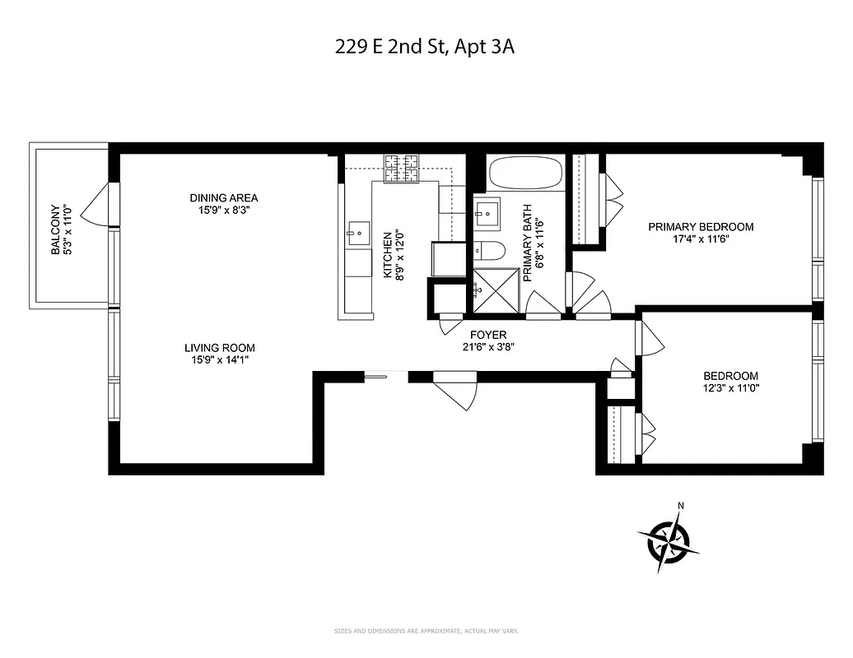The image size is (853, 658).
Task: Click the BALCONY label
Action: (x=56, y=229)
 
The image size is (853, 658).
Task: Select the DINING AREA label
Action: (x=224, y=197)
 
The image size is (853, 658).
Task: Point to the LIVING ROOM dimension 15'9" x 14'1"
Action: (x=220, y=359)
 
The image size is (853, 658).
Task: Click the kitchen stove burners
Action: (x=401, y=168)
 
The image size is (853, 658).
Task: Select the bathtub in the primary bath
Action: (x=525, y=174)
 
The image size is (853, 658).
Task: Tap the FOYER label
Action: (x=488, y=335)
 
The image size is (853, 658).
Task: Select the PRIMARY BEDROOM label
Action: (x=701, y=227)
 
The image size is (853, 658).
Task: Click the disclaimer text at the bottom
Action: (x=426, y=632)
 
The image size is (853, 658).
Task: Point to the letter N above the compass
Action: (x=680, y=506)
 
